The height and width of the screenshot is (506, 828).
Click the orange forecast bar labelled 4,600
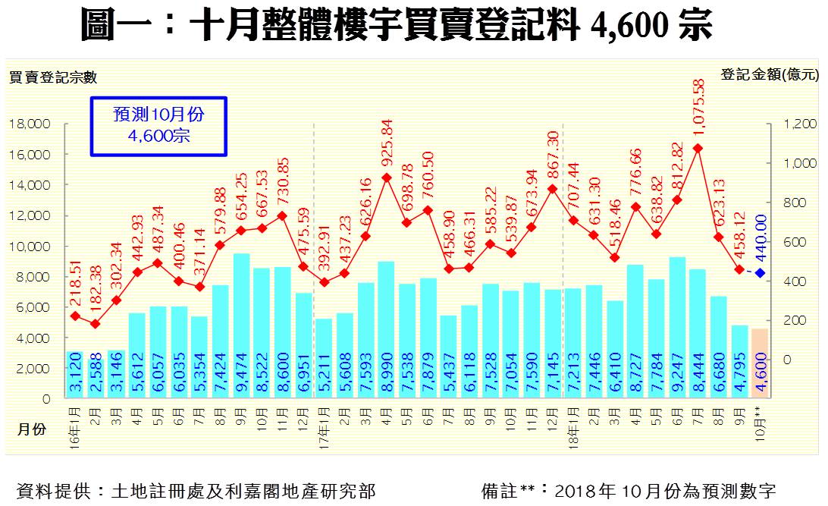pos(759,363)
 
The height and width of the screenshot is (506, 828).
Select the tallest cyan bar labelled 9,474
pos(241,326)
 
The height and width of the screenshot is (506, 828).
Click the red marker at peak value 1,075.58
pos(698,148)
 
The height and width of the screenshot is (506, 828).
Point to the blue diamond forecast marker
pos(759,273)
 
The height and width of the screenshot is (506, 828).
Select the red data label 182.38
pos(96,293)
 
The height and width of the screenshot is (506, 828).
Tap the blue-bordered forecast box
pos(158,126)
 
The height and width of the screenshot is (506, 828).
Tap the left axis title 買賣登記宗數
pos(53,77)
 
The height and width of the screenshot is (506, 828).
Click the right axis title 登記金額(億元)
pos(770,74)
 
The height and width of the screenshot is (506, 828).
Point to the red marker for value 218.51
pos(75,316)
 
